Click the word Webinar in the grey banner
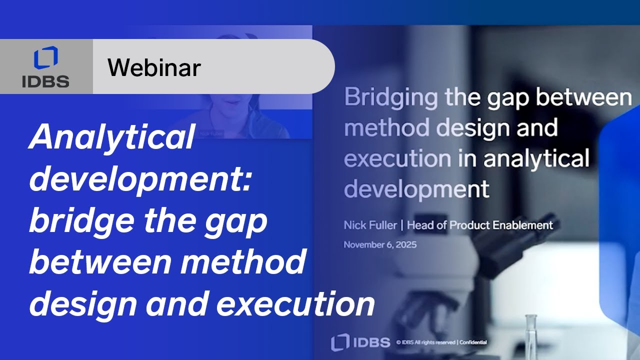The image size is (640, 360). coord(154,67)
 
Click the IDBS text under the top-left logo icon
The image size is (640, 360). coord(45,81)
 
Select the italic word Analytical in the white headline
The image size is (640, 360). coord(111,137)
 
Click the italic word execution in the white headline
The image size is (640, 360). coord(295,304)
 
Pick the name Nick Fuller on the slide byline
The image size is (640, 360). coord(370,225)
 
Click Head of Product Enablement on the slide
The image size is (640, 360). coord(480,225)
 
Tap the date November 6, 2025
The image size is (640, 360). coord(380,245)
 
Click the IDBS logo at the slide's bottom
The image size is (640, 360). coord(360,342)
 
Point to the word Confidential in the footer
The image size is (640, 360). coord(472,342)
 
